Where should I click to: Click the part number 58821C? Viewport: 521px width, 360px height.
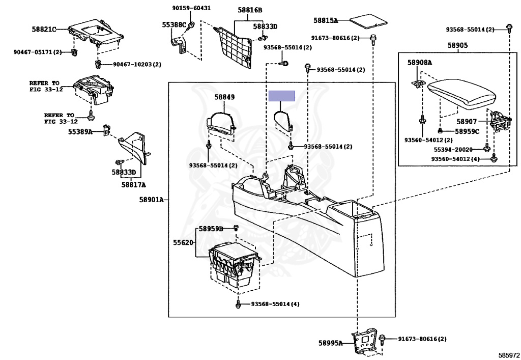(x=44, y=29)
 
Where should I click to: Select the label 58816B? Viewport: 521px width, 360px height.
(x=250, y=10)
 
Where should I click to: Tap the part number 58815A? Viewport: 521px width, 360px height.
(x=326, y=20)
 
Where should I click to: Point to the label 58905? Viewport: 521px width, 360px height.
(x=457, y=45)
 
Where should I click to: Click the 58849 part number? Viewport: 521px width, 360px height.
(x=224, y=97)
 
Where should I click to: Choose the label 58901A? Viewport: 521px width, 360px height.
(x=152, y=200)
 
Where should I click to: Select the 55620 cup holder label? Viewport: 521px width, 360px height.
(x=183, y=242)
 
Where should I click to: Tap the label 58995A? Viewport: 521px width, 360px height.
(x=330, y=343)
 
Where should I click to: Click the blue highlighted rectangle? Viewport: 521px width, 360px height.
(x=282, y=96)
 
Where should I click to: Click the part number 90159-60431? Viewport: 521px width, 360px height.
(x=191, y=8)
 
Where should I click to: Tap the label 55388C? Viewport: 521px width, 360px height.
(x=174, y=24)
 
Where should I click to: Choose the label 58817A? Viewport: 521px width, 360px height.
(x=134, y=185)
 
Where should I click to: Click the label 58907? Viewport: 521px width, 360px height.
(x=467, y=122)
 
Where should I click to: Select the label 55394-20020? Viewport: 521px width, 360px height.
(x=453, y=150)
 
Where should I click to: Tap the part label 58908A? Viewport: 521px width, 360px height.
(x=420, y=63)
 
